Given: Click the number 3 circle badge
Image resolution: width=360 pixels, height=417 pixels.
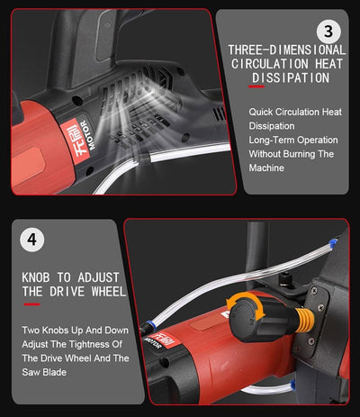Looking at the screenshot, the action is coord(328,32).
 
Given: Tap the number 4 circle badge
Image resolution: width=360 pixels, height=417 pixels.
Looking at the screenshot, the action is coord(31,240).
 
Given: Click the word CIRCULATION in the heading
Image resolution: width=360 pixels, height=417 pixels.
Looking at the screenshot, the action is coord(270,64).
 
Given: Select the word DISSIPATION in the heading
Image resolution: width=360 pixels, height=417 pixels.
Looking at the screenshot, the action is coord(291,78).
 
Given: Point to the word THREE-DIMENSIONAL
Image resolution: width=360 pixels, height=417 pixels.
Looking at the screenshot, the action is coord(287,50).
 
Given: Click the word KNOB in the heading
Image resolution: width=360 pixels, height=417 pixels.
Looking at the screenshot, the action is coord(36,277).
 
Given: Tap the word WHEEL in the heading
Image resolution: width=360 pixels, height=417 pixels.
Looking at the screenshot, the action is coord(109,292).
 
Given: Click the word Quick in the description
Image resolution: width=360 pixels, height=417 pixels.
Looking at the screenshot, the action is coord(261,113).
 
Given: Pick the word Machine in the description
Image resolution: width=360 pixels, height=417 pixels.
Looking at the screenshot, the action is coord(266,168).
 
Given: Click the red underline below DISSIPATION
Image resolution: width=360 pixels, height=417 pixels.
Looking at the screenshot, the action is coord(256,86).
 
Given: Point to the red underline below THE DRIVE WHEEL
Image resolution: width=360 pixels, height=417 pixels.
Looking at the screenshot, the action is coord(31,304).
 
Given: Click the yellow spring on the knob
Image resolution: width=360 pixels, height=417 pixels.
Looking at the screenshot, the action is coord(304,320).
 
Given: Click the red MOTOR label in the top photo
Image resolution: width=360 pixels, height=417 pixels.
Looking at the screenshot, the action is coord(78,139).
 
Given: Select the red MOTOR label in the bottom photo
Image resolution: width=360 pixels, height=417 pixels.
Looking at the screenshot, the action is coord(160,340).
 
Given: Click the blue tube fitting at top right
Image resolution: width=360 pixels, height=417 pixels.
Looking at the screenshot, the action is coord(332,241).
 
